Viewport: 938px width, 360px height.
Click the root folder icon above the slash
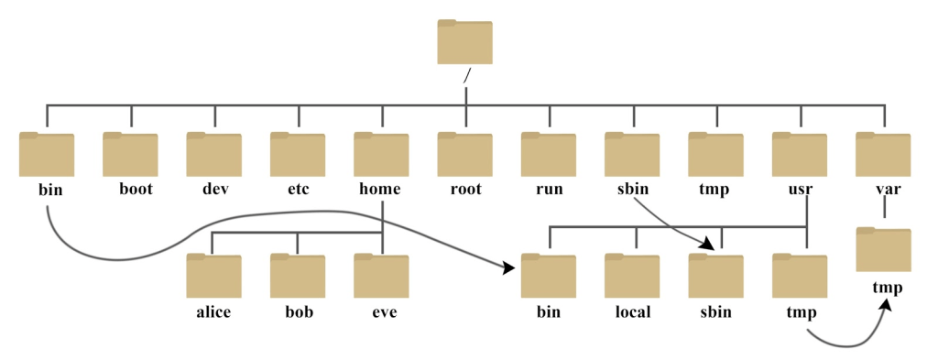(464, 42)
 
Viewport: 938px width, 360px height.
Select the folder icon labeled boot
(130, 154)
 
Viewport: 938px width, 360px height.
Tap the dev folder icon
(214, 154)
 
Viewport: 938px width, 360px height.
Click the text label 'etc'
(298, 191)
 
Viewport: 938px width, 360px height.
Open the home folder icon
(381, 154)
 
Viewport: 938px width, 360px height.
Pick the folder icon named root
(464, 154)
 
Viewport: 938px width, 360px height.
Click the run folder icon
(549, 154)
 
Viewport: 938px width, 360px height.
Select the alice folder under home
(213, 276)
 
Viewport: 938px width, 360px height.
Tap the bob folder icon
(298, 276)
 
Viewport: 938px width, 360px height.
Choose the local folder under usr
(632, 276)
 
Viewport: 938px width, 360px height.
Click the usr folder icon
(800, 154)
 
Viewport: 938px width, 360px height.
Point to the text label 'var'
(883, 191)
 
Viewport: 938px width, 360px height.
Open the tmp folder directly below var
(883, 250)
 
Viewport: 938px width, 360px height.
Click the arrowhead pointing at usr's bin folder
(507, 268)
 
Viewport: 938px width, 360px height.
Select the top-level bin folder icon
(46, 154)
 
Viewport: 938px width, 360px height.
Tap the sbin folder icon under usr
(715, 276)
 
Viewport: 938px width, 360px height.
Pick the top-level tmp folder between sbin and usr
(715, 154)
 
